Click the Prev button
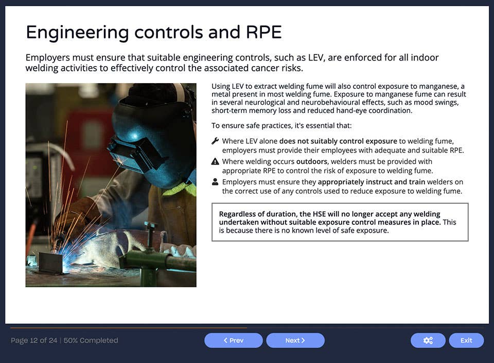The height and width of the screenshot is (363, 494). pyautogui.click(x=233, y=340)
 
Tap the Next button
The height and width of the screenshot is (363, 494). pyautogui.click(x=295, y=340)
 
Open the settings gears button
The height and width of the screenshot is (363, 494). pyautogui.click(x=428, y=340)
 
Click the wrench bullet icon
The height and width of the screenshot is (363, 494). pyautogui.click(x=215, y=141)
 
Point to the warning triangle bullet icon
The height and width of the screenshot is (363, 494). pyautogui.click(x=215, y=161)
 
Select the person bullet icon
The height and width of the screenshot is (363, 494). pyautogui.click(x=215, y=182)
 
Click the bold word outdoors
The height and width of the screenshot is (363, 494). pyautogui.click(x=312, y=161)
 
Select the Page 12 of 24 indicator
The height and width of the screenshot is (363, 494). pyautogui.click(x=34, y=340)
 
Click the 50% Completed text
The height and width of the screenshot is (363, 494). pyautogui.click(x=91, y=340)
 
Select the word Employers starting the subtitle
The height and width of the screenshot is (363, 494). pyautogui.click(x=47, y=58)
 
